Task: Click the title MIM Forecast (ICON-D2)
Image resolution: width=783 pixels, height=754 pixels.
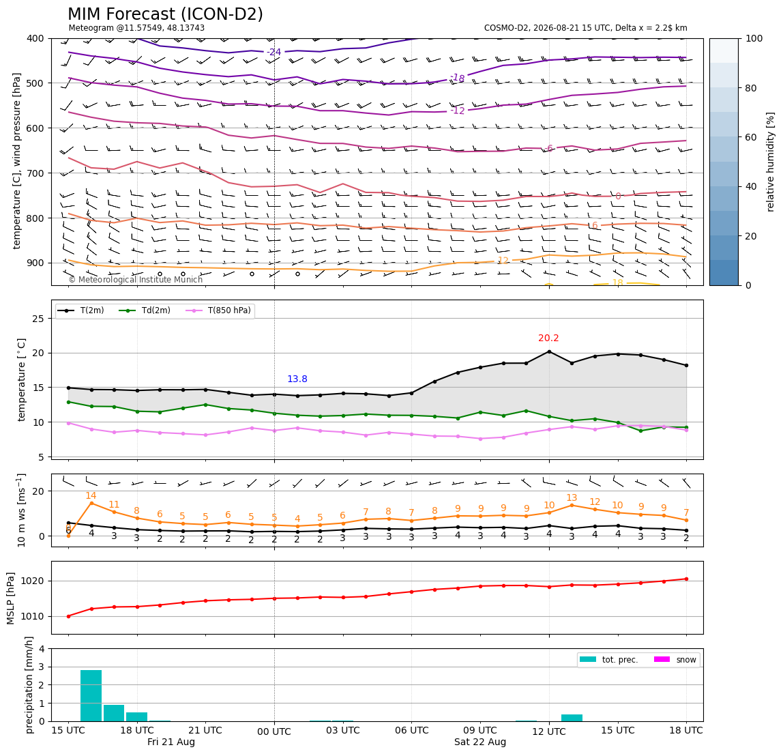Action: point(165,14)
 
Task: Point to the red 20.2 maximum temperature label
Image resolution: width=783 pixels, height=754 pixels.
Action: point(548,338)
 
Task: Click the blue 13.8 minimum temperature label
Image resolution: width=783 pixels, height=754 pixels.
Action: point(297,379)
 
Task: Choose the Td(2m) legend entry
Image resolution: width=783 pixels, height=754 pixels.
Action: point(145,310)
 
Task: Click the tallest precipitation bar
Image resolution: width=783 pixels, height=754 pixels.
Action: point(91,695)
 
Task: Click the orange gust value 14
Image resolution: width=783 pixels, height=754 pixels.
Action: point(91,495)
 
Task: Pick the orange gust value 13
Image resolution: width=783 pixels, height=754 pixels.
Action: point(572,497)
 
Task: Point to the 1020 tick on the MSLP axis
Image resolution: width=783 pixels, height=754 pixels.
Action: point(33,581)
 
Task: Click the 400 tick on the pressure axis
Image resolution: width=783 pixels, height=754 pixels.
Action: point(36,38)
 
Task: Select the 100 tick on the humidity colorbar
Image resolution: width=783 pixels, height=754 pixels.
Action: point(754,38)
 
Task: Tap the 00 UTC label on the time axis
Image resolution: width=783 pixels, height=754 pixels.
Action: point(274,732)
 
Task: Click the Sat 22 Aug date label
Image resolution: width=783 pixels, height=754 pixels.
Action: point(480,742)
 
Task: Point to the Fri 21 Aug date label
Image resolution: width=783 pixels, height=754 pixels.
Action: point(171,742)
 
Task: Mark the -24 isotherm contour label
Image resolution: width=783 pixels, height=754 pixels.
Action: point(274,52)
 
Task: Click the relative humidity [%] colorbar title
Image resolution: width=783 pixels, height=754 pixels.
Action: point(771,162)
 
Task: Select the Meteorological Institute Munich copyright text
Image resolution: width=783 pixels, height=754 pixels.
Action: point(136,280)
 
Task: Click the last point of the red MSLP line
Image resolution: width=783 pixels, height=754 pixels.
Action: point(686,579)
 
